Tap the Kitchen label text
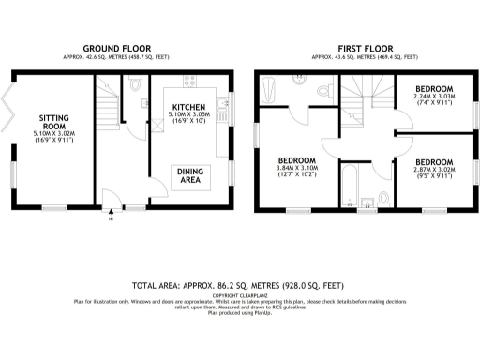188,109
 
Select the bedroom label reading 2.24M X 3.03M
433,99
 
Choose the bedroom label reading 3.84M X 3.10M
296,166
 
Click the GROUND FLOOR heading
120,48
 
